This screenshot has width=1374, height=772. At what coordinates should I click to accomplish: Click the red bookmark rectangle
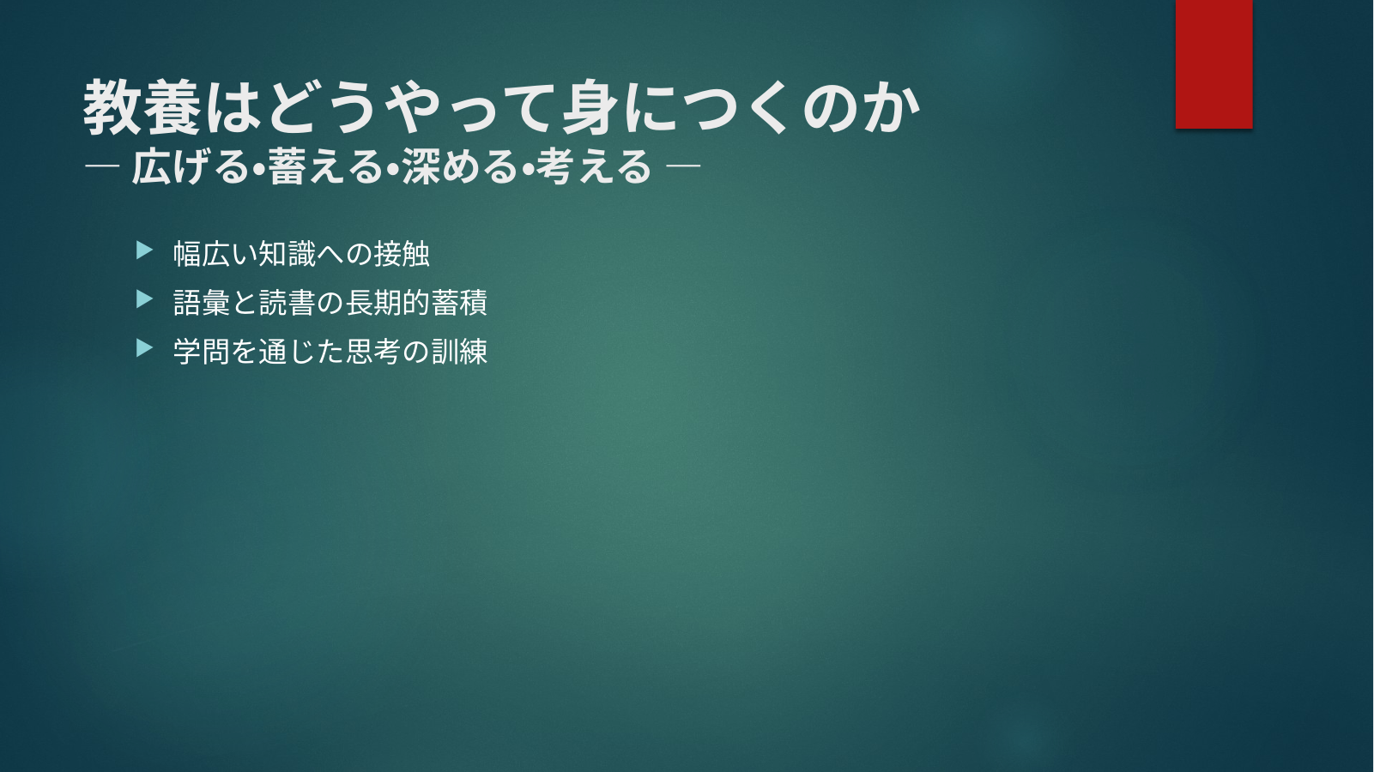[x=1214, y=63]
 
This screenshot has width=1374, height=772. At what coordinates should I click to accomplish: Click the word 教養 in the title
[x=142, y=107]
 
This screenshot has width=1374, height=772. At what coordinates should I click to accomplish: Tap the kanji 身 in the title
[x=590, y=107]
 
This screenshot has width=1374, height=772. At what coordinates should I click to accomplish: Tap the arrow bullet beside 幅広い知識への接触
[x=144, y=250]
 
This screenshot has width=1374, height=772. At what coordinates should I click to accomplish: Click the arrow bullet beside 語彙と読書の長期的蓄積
[x=144, y=299]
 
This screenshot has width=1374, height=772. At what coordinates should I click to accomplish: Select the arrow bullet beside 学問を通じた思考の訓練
[x=144, y=348]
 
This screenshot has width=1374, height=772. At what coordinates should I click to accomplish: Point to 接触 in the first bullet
[x=402, y=254]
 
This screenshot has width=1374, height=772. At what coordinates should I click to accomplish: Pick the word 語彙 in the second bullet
[x=201, y=303]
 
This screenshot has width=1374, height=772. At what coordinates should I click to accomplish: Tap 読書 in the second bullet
[x=287, y=303]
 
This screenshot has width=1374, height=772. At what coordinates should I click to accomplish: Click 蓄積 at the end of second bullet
[x=459, y=303]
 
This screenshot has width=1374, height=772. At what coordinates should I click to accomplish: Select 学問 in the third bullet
[x=201, y=352]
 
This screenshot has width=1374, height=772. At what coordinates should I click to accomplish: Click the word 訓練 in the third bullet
[x=459, y=352]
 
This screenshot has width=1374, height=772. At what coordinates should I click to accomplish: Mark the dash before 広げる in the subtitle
[x=102, y=165]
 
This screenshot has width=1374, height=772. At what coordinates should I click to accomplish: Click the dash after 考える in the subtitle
[x=683, y=165]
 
